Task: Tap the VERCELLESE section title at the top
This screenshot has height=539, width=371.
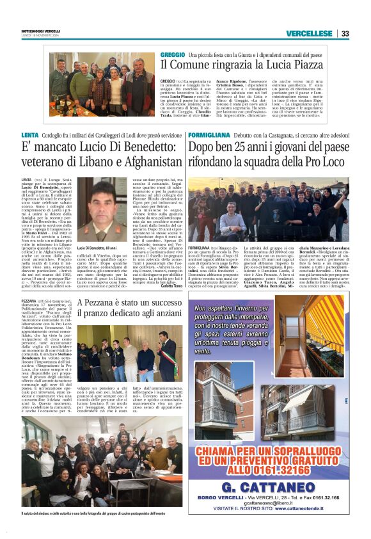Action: click(309, 33)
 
